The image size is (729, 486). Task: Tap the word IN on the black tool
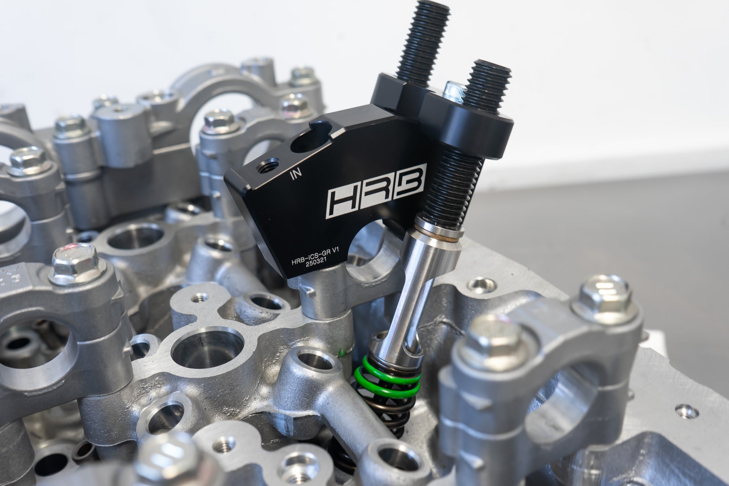[x=296, y=173]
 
